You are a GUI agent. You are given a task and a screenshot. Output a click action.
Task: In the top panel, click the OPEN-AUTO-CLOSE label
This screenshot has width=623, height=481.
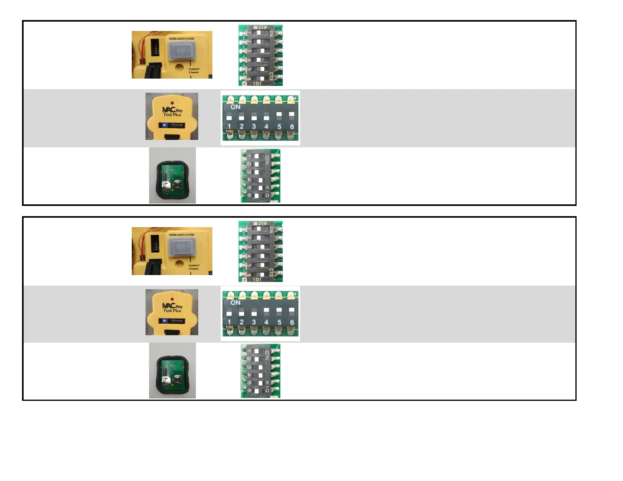click(x=181, y=39)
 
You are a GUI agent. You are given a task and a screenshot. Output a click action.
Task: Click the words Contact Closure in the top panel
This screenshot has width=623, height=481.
click(x=194, y=71)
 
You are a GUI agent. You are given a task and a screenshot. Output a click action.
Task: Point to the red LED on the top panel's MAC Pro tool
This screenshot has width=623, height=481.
click(x=172, y=103)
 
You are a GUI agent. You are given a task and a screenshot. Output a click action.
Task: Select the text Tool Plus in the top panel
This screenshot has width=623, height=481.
click(x=172, y=115)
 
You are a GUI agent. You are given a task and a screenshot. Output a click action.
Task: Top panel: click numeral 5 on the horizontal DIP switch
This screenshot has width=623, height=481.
click(x=279, y=127)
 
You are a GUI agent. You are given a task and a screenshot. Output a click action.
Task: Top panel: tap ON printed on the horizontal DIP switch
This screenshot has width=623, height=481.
click(x=235, y=107)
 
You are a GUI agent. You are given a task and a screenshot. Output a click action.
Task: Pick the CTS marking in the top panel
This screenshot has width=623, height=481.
click(x=271, y=76)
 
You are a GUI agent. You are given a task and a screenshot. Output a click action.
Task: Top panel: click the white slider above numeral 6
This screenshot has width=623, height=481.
click(x=291, y=115)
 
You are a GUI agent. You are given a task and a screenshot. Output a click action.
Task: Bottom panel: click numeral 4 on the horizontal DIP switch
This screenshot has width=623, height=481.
click(x=266, y=322)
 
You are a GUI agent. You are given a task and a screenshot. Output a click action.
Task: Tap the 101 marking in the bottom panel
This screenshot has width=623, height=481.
click(x=257, y=279)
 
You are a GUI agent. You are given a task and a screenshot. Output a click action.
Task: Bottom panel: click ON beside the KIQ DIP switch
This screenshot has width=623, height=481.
click(x=267, y=355)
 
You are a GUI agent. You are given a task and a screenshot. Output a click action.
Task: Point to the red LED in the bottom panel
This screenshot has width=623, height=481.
click(x=172, y=299)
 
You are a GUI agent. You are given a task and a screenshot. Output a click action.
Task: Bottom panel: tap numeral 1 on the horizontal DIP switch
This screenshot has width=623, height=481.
click(x=229, y=322)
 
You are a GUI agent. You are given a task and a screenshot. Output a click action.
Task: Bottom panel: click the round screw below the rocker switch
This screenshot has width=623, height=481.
click(x=179, y=263)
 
